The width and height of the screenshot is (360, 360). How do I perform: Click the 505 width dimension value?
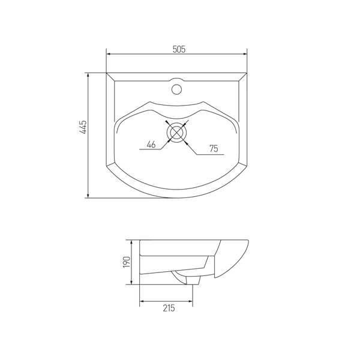tap(179, 49)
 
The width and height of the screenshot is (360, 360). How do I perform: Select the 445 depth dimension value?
tap(83, 127)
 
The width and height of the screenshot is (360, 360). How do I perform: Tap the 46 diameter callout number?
tap(151, 145)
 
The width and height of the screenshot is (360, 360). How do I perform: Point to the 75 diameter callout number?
tap(214, 149)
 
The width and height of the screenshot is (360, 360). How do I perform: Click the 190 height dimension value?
tap(127, 262)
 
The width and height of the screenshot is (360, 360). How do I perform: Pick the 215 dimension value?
tap(169, 308)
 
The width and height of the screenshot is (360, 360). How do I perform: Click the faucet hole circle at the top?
tap(177, 89)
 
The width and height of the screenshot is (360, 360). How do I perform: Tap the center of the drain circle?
tap(176, 132)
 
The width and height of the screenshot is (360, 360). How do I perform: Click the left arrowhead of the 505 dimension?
tap(109, 54)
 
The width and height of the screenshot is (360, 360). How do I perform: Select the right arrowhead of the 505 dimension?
tap(244, 54)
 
